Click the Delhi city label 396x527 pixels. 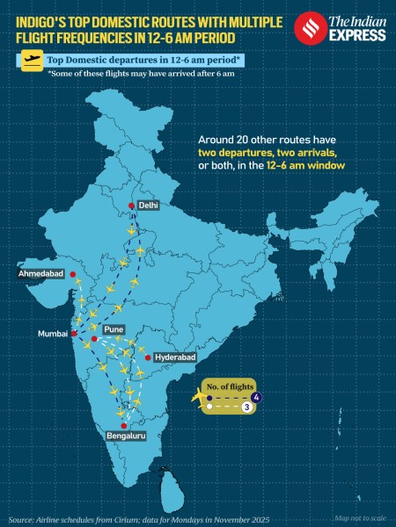pos(147,204)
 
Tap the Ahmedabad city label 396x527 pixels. pos(41,274)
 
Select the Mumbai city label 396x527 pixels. pos(52,334)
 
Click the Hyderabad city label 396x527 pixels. pos(174,358)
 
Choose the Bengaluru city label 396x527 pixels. pos(124,435)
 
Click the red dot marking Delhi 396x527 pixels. pos(131,206)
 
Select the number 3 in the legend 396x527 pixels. pos(247,408)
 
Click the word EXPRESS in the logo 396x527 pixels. pos(359,35)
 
